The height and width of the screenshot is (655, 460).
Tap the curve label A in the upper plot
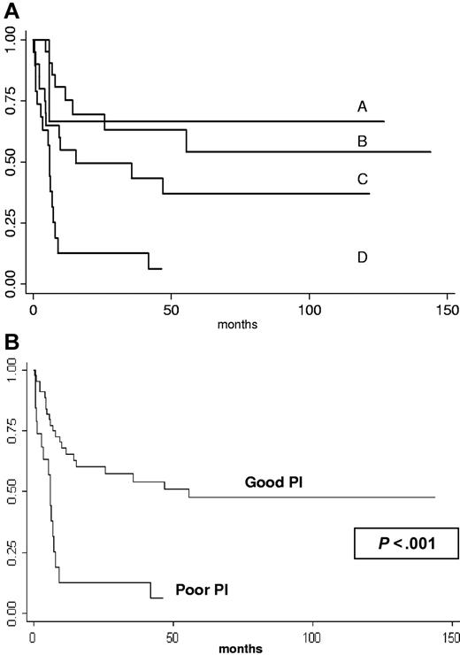point(362,106)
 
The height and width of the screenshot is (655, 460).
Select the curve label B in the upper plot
point(362,141)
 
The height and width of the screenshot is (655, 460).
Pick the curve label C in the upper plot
point(362,180)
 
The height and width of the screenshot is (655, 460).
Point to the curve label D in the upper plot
point(362,258)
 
